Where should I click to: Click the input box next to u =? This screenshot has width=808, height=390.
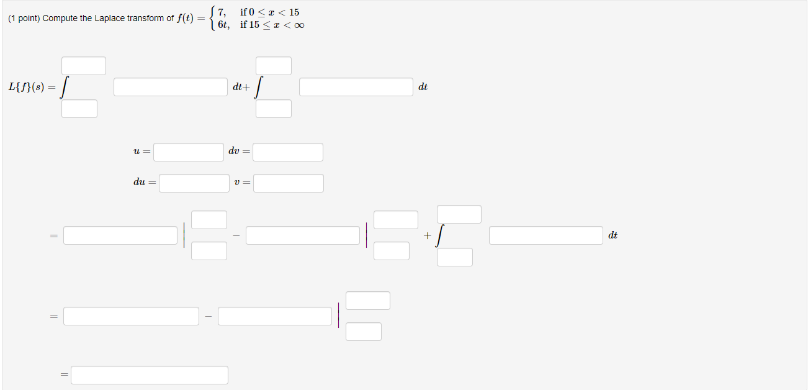(189, 152)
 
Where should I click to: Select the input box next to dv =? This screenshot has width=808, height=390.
(287, 152)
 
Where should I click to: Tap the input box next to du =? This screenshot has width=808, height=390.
(194, 183)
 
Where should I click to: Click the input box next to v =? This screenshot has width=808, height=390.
(288, 183)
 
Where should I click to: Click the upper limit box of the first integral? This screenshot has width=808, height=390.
(83, 66)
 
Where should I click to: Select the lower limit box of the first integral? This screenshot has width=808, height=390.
(79, 109)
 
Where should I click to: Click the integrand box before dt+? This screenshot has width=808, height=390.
(171, 87)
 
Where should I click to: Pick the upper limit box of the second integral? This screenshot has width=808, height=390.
(274, 66)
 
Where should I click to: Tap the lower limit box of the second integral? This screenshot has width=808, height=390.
(274, 109)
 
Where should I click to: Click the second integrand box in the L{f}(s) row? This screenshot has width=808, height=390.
(356, 87)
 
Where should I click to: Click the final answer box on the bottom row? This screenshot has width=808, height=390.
(149, 375)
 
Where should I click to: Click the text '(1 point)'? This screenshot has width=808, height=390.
(24, 19)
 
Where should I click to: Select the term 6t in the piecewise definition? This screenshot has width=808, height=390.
(223, 25)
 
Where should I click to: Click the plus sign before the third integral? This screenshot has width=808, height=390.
(427, 236)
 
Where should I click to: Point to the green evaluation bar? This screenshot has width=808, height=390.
(338, 315)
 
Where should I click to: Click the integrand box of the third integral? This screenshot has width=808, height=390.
(545, 235)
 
